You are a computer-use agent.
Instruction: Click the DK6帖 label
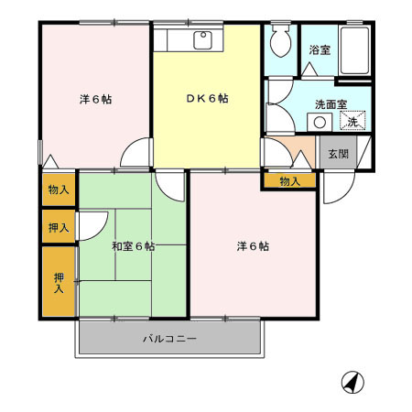[210, 99]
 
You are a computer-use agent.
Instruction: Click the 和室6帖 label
[134, 246]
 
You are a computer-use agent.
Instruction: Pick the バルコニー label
[169, 339]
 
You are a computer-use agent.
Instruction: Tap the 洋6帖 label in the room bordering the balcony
[253, 246]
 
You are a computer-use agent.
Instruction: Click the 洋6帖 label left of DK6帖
[95, 99]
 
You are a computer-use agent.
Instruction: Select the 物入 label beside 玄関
[289, 181]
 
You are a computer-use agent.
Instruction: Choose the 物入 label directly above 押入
[58, 190]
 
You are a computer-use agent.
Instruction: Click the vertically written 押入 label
[59, 282]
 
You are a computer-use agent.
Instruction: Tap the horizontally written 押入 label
[58, 227]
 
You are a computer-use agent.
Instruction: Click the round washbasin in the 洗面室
[320, 122]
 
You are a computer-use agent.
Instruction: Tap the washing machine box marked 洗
[352, 120]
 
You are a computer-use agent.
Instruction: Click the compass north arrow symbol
[353, 382]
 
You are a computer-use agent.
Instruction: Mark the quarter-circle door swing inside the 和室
[94, 225]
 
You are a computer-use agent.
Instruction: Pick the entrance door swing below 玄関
[337, 189]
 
